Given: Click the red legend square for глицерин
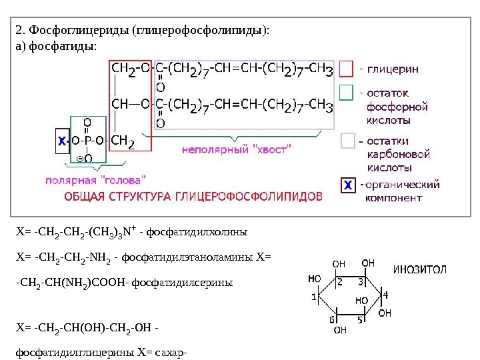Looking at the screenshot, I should (x=346, y=69).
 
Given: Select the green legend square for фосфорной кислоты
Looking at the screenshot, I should (x=346, y=92).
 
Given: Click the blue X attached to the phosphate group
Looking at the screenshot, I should (x=61, y=141).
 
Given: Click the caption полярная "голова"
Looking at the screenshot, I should (x=95, y=179).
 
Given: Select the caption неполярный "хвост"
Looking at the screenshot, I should (x=237, y=150).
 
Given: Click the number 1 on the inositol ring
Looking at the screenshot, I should (x=313, y=297).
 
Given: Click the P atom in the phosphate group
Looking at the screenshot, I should (x=87, y=141).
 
